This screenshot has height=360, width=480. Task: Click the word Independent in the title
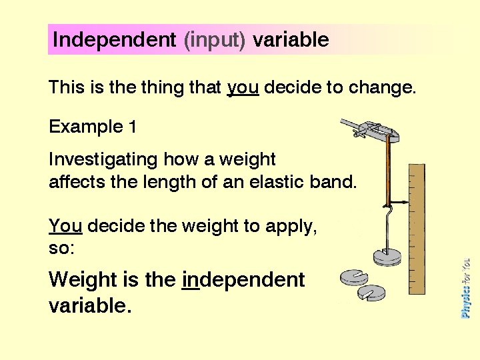[x=114, y=40]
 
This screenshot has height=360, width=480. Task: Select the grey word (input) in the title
[x=215, y=40]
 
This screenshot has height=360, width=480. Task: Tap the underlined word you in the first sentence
[x=243, y=88]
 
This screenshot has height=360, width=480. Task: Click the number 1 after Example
[x=132, y=127]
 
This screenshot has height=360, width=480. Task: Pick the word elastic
[x=276, y=182]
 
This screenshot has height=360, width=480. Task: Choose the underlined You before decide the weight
[x=65, y=227]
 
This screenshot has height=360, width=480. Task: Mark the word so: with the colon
[x=59, y=249]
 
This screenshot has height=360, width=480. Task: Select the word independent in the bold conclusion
[x=243, y=279]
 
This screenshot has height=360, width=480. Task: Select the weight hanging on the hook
[x=389, y=256]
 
